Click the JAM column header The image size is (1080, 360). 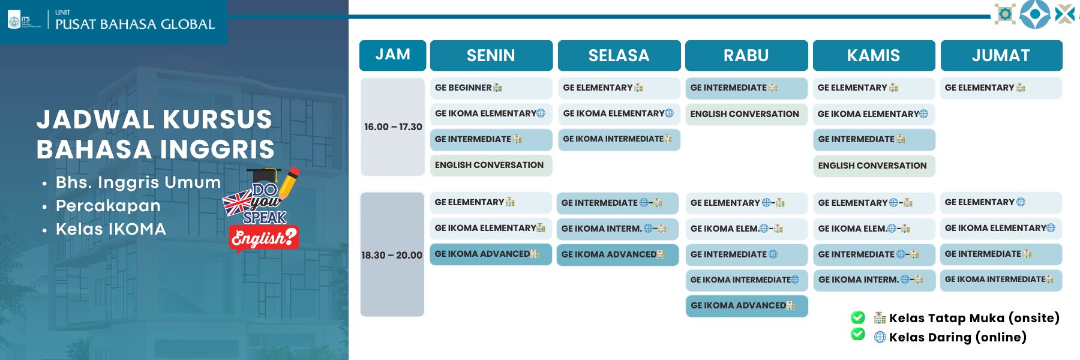(392, 55)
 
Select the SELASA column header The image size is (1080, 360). (619, 55)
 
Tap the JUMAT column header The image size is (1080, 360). (1001, 55)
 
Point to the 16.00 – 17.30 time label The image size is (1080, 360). (393, 127)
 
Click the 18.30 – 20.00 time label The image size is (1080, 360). (392, 255)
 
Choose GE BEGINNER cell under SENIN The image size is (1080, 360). (491, 88)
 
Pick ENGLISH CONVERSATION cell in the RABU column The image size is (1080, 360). (746, 114)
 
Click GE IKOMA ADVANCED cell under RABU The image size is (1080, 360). (746, 305)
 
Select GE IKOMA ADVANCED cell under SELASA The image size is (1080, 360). (617, 254)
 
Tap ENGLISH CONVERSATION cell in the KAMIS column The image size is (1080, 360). (874, 166)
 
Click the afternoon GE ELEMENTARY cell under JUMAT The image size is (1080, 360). (1001, 88)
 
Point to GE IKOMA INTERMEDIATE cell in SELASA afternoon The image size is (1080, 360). (619, 139)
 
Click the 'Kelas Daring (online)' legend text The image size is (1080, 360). (958, 337)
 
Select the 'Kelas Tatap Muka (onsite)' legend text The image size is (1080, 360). (974, 318)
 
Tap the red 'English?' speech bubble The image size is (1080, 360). (264, 238)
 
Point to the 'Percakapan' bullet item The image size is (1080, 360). (108, 206)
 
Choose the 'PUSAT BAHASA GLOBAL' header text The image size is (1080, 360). (135, 24)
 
